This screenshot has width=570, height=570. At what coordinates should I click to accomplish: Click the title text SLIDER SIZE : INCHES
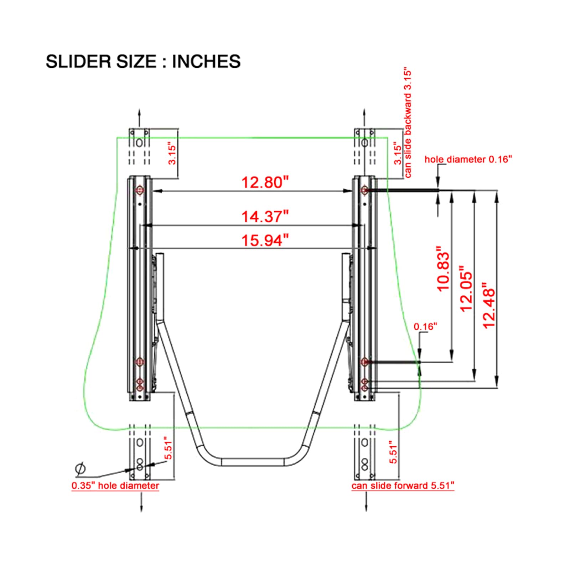pos(143,61)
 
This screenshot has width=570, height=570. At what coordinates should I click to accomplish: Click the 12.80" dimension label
pos(265,182)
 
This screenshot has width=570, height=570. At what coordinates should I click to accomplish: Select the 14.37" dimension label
pos(265,216)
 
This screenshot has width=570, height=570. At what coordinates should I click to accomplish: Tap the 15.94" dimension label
pos(265,240)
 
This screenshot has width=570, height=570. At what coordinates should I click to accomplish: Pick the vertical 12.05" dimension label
pos(466,289)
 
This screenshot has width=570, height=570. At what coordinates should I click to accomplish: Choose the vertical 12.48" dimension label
pos(489,305)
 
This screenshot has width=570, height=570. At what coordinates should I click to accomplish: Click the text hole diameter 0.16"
pos(468,159)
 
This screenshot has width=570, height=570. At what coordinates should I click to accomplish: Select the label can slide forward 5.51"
pos(403,486)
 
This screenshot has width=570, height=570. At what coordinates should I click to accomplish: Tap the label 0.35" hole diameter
pos(115,486)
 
